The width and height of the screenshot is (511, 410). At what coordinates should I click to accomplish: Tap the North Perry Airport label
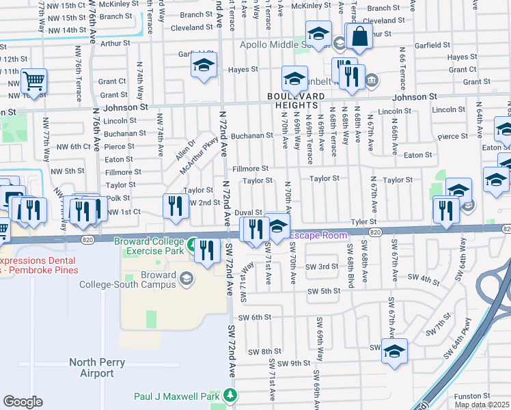pyautogui.click(x=91, y=368)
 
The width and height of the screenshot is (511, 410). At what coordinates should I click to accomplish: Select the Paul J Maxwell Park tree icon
pyautogui.click(x=231, y=395)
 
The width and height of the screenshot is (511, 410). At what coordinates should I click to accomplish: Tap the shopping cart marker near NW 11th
pyautogui.click(x=33, y=82)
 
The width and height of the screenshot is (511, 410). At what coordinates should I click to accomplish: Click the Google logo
pyautogui.click(x=23, y=401)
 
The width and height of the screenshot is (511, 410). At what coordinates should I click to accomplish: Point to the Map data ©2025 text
pyautogui.click(x=482, y=405)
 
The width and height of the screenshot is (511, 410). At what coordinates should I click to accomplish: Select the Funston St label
pyautogui.click(x=472, y=396)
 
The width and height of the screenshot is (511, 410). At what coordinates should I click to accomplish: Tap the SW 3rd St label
pyautogui.click(x=322, y=266)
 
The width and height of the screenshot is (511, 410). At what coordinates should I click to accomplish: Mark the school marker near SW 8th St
pyautogui.click(x=394, y=351)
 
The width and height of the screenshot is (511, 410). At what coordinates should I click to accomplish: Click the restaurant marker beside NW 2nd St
pyautogui.click(x=176, y=205)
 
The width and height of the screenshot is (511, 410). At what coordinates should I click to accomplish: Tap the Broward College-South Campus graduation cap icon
pyautogui.click(x=186, y=278)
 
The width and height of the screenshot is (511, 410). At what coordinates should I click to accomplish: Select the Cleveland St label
pyautogui.click(x=191, y=28)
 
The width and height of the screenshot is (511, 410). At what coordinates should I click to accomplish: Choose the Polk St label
pyautogui.click(x=118, y=198)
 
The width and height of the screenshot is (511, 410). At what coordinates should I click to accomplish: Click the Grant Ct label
pyautogui.click(x=462, y=70)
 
